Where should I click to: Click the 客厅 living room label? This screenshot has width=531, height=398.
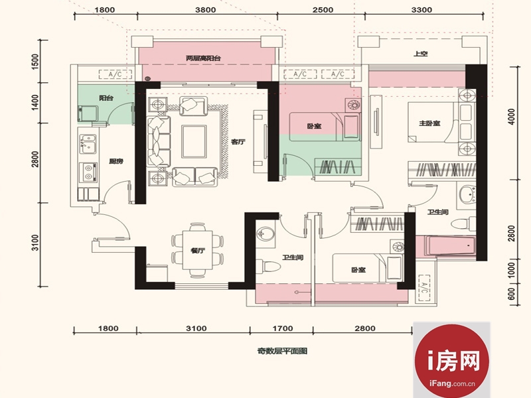pos(238,142)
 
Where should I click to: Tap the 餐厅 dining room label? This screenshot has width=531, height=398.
pos(198,251)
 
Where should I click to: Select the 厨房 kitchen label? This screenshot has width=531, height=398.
pos(116,161)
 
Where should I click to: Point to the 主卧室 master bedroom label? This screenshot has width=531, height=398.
pos(429,123)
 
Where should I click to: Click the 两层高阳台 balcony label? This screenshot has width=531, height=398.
pos(203,58)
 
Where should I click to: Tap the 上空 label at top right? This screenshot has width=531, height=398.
pos(421,54)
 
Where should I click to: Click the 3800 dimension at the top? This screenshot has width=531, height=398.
pos(206,10)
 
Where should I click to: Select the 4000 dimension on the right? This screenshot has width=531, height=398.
pos(512,117)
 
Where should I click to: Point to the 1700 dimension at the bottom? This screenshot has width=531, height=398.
pos(283,328)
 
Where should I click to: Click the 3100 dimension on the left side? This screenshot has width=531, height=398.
pos(35,243)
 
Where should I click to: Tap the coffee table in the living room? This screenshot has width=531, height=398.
pos(194,141)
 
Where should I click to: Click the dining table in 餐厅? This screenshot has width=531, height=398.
pos(197,250)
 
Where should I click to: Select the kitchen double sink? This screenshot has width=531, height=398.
pos(88,144)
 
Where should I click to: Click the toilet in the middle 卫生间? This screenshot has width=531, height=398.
pos(268,266)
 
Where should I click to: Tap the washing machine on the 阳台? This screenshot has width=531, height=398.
pos(88,113)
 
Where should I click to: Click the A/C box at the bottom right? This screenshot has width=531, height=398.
pos(424,288)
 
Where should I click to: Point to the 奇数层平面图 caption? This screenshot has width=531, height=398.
pos(282,351)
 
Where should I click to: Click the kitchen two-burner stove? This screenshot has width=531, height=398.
pos(89,172)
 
